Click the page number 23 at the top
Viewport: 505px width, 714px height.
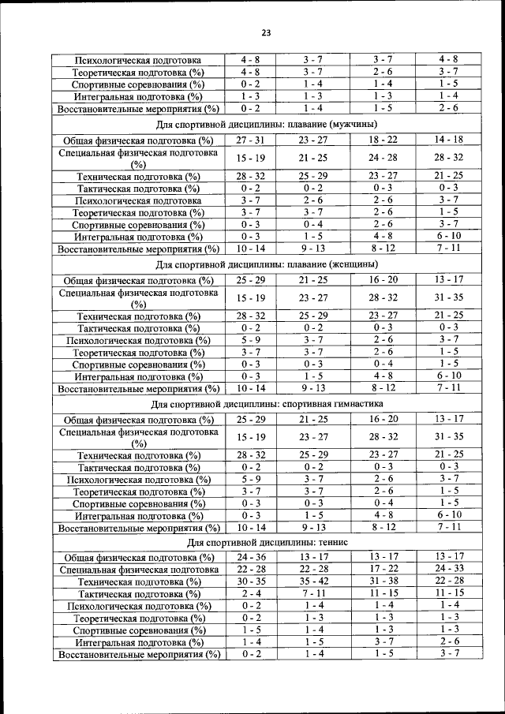coord(266,32)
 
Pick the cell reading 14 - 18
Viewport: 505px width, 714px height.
coord(448,140)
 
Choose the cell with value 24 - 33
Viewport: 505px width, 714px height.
coord(448,570)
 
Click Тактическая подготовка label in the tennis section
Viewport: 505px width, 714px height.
coord(139,593)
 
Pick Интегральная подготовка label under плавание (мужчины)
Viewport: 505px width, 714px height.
coord(139,236)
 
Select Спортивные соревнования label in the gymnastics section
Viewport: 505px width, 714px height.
coord(139,503)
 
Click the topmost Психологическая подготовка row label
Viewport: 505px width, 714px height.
coord(139,60)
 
